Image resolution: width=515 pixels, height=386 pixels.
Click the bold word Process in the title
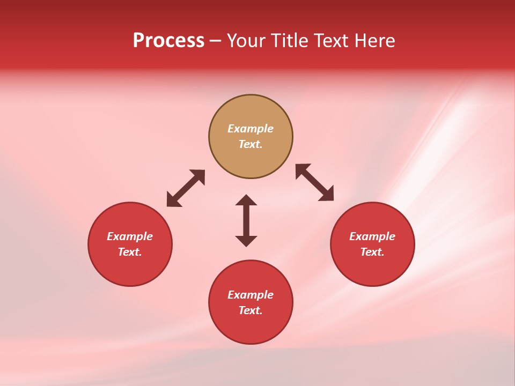[x=168, y=41]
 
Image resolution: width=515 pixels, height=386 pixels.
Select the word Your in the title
[x=247, y=41]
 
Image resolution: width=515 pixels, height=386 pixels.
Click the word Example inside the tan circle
[x=251, y=129]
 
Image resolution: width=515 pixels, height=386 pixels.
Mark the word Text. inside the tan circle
[x=251, y=144]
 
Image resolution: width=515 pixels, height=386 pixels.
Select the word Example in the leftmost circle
[x=130, y=236]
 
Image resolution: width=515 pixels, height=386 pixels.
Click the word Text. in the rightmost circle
[x=372, y=252]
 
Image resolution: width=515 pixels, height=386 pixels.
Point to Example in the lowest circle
[x=251, y=295]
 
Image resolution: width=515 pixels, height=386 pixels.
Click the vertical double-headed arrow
[x=246, y=220]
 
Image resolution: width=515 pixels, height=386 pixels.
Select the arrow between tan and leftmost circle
[x=186, y=188]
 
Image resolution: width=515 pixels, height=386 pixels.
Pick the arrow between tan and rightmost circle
[x=315, y=183]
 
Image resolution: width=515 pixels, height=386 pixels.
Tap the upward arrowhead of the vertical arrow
[x=246, y=200]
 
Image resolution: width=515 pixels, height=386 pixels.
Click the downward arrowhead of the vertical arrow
[x=246, y=241]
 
